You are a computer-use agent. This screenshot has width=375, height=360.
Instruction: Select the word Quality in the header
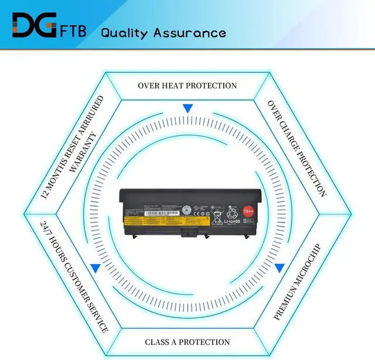coord(124,33)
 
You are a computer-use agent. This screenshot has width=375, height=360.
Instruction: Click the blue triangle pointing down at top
coord(187,108)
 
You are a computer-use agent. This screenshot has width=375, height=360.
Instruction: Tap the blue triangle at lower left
coord(94,269)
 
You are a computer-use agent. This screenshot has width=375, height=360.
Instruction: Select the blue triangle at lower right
coord(280,269)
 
